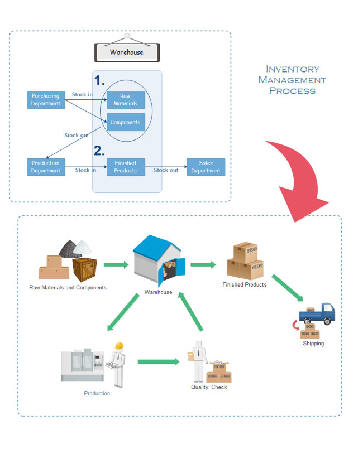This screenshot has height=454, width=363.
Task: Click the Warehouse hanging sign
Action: point(126,52)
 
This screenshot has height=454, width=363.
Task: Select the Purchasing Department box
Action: point(46,100)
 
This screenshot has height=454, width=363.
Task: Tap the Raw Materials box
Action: point(126,100)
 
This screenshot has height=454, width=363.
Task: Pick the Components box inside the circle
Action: point(126,122)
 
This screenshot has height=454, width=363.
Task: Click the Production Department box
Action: point(46,167)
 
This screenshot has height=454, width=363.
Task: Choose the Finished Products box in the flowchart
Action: point(126,167)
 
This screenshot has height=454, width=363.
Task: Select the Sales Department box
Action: point(206,167)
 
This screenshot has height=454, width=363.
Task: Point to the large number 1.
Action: point(99,80)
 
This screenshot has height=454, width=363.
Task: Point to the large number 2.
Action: point(99,151)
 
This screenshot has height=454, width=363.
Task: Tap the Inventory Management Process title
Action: point(292,80)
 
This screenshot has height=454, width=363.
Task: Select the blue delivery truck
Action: point(317,314)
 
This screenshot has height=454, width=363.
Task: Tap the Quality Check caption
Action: point(209,387)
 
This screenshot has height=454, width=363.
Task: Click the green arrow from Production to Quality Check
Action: point(158,361)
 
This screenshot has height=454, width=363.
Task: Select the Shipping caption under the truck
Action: point(313,344)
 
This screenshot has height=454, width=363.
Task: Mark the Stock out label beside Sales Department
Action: point(166,170)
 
